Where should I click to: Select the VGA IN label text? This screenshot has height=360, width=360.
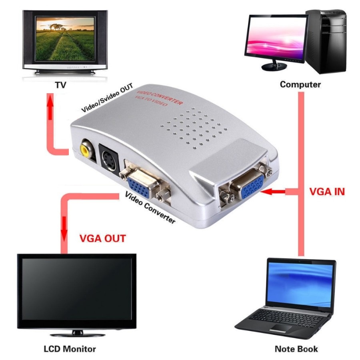coord(327,192)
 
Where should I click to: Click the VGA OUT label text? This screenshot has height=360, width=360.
coord(103,238)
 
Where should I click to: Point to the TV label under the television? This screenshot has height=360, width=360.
coord(61,85)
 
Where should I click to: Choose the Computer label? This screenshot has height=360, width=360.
coord(300,84)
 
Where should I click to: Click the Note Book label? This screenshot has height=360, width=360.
coord(296,349)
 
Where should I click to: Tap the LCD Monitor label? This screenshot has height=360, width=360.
coord(70,349)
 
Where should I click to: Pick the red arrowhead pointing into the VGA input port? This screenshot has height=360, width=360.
coord(267,191)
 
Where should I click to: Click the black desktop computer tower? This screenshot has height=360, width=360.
coord(326,41)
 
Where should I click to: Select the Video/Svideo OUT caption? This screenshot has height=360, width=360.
coord(107,98)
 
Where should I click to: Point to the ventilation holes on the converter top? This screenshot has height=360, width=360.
coord(194,129)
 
